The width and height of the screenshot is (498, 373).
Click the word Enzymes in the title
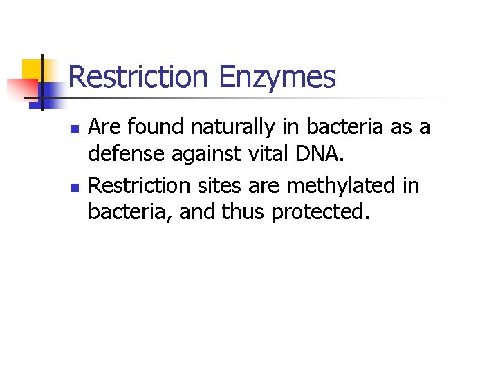277,77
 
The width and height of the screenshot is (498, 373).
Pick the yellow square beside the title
33,70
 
